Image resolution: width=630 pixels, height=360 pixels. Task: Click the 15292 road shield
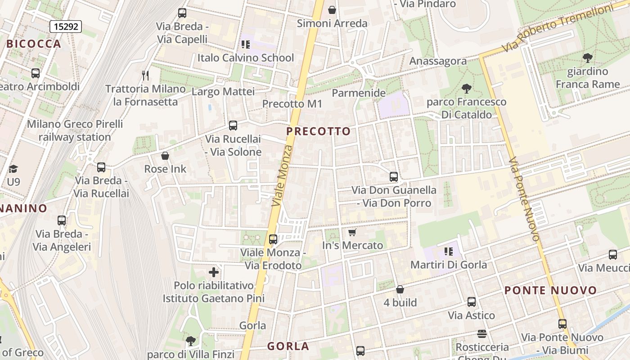[x=66, y=27]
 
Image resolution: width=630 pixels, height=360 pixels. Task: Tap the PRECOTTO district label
[x=318, y=131]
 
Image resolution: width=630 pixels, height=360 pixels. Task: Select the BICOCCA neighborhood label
[x=34, y=44]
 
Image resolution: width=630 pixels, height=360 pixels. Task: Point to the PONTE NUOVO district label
[x=550, y=290]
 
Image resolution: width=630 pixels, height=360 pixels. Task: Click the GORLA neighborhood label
[x=288, y=346]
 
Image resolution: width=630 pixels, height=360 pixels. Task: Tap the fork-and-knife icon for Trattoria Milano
[x=145, y=75]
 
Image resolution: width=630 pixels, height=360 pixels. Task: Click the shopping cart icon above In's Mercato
[x=352, y=232]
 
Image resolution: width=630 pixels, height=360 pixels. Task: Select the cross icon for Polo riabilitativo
[x=214, y=272]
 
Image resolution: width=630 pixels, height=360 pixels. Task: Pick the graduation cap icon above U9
[x=13, y=169]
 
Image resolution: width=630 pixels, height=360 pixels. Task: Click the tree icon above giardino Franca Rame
[x=587, y=58]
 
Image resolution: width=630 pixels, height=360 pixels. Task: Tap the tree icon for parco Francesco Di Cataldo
[x=467, y=88]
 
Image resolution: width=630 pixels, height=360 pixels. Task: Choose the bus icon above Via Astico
[x=471, y=302]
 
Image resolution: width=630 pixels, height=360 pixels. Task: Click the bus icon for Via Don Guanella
[x=394, y=177]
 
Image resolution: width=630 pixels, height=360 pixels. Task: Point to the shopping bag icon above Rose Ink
[x=165, y=156]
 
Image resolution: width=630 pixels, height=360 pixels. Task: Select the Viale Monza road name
[x=283, y=176]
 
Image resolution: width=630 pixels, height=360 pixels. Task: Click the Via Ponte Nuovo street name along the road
[x=524, y=199]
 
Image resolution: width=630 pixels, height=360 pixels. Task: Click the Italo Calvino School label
[x=245, y=58]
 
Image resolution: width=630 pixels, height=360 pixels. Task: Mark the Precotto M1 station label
[x=292, y=104]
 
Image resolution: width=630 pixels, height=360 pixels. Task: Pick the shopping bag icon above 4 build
[x=400, y=289]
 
